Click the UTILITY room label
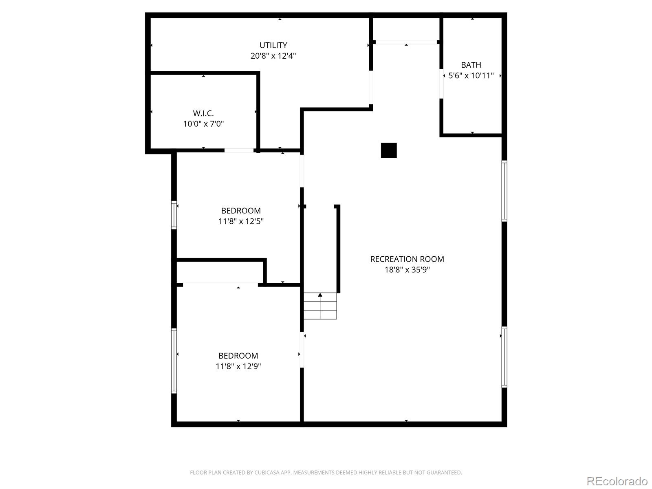pos(273,45)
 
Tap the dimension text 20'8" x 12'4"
pos(273,56)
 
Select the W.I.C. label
pos(203,113)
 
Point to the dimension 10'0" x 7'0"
pos(203,124)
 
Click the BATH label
pos(471,65)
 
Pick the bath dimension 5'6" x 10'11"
pos(471,75)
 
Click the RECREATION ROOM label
pos(407,259)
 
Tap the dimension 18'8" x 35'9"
pos(407,270)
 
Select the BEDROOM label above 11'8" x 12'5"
pos(241,211)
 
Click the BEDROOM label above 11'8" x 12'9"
pos(238,356)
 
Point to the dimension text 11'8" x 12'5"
pos(241,221)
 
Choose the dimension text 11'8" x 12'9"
pos(238,366)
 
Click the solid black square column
pos(389,150)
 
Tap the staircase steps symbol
pos(320,306)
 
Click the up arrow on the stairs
pos(320,295)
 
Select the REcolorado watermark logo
pos(617,481)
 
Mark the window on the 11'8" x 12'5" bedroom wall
pos(174,215)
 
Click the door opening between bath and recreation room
pos(442,84)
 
